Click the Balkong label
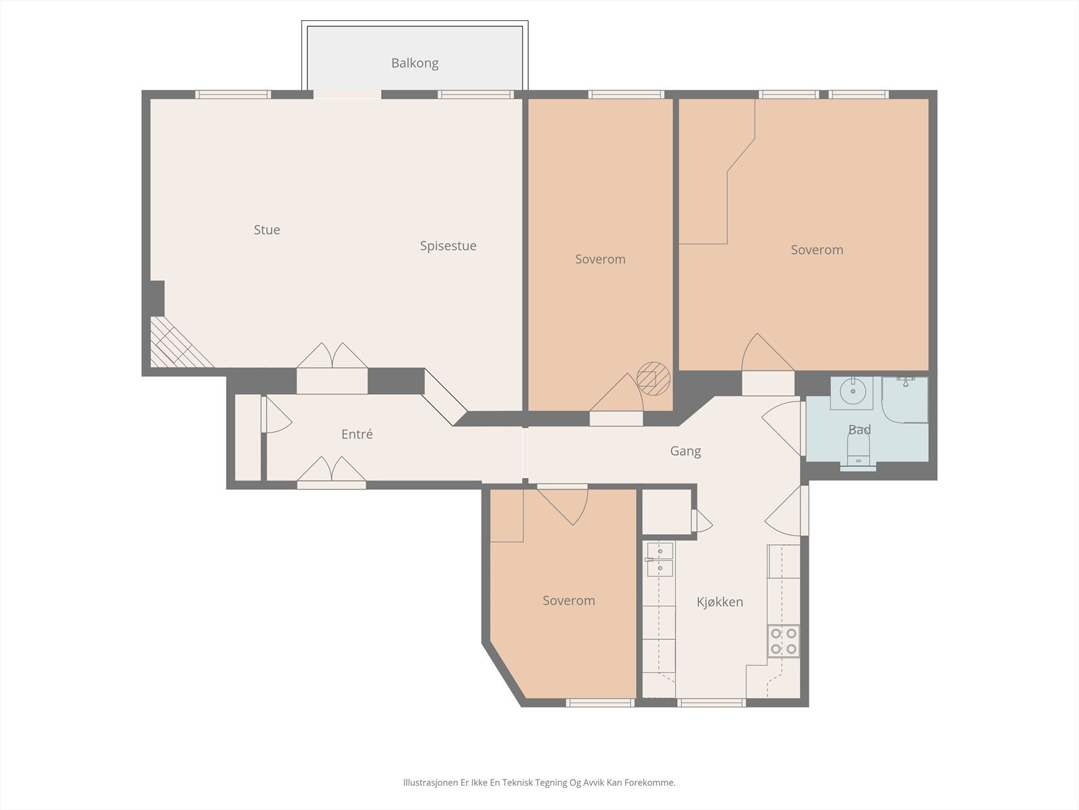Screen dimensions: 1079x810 [414, 63]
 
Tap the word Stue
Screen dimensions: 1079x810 [267, 230]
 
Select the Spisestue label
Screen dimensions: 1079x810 [448, 246]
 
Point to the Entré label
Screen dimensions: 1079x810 [357, 434]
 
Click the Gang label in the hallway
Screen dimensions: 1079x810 [685, 451]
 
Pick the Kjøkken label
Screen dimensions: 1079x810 [720, 602]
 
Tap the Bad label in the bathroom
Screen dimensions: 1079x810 [859, 429]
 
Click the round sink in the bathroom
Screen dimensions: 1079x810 [852, 392]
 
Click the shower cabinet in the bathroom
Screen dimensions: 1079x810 [904, 400]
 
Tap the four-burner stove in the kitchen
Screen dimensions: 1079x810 [784, 641]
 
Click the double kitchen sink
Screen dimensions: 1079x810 [660, 560]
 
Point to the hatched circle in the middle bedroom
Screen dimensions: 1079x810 [653, 379]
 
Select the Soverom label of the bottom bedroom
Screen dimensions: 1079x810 [568, 601]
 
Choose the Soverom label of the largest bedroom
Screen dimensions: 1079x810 [817, 250]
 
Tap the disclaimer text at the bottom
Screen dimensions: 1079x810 [539, 782]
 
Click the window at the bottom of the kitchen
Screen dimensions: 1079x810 [711, 703]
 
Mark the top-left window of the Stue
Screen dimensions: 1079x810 [233, 94]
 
